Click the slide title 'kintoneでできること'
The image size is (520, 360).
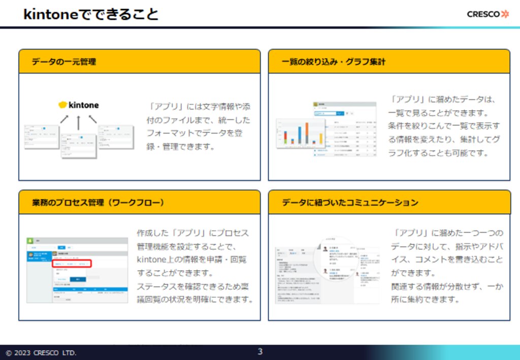(91, 14)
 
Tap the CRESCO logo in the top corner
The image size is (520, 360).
(487, 14)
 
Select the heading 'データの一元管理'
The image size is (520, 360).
(64, 62)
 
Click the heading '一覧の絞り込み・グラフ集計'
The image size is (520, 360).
(334, 62)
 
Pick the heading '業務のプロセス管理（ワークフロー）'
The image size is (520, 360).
(98, 203)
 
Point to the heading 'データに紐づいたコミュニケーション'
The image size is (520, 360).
(350, 203)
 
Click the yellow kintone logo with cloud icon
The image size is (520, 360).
(79, 105)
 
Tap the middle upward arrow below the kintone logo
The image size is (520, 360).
(79, 122)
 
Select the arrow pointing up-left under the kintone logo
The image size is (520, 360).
(92, 119)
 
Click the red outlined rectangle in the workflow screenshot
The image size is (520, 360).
(72, 264)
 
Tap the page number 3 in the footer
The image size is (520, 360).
(260, 351)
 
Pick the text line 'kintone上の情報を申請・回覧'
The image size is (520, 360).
(192, 259)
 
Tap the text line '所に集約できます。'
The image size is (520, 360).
(425, 299)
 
